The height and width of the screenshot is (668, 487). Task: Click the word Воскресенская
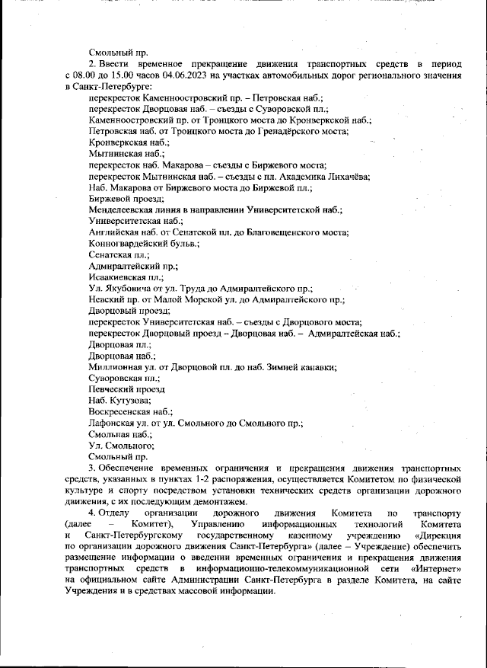click(x=121, y=411)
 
